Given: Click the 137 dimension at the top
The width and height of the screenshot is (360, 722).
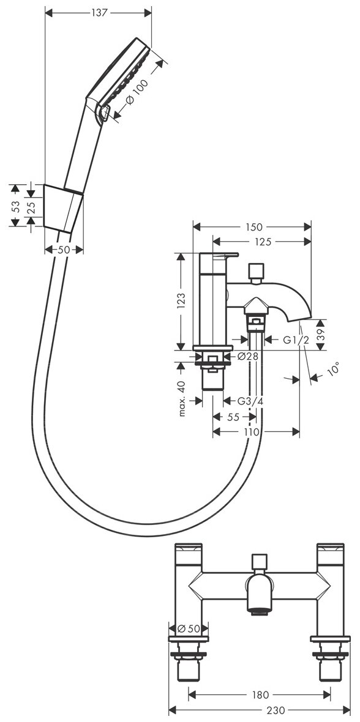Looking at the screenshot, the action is (x=99, y=13).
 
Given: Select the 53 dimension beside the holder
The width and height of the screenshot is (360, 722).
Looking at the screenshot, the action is (x=16, y=206).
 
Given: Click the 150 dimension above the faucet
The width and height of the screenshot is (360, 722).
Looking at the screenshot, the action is (x=253, y=226).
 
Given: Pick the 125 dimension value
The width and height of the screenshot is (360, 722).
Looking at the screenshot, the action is (x=262, y=242).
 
